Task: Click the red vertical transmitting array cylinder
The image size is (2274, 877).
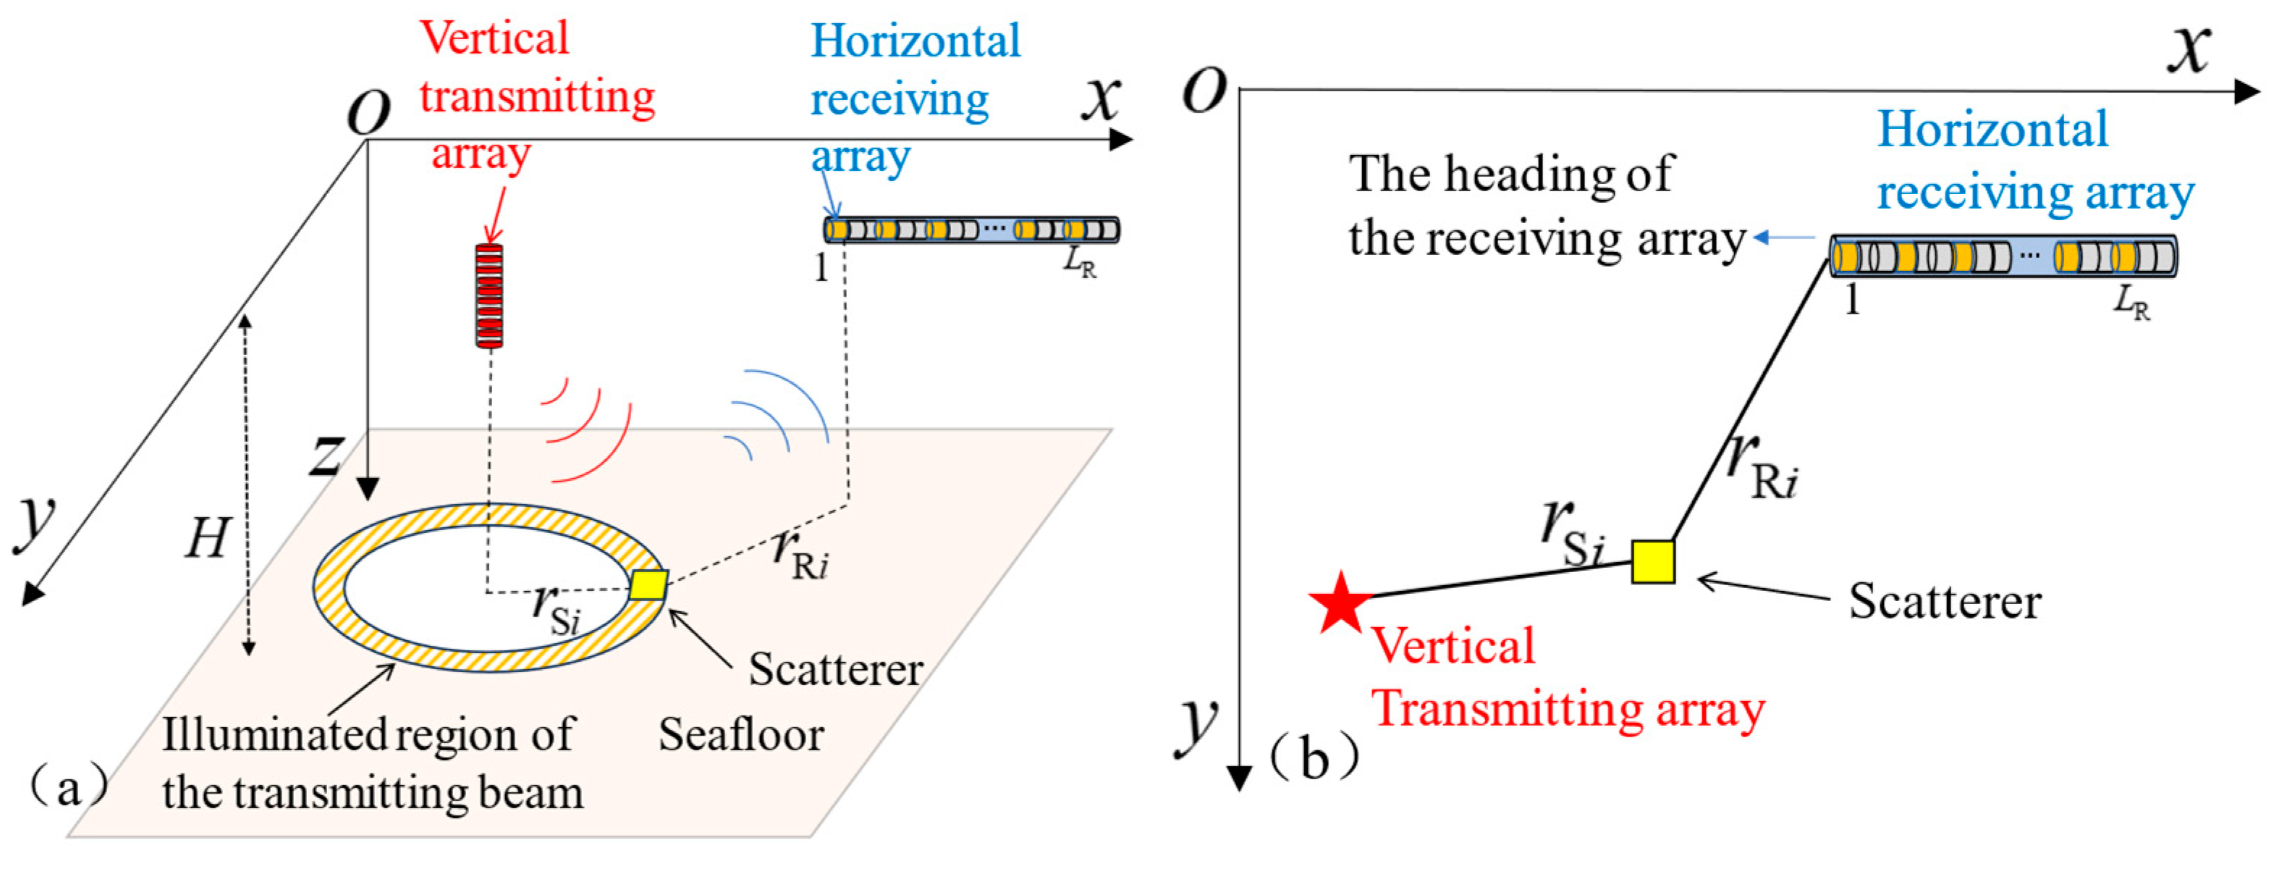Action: click(489, 295)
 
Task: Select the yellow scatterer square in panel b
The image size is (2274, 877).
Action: click(1652, 563)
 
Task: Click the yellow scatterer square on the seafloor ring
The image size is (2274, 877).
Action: click(648, 584)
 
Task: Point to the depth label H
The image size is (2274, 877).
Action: click(208, 539)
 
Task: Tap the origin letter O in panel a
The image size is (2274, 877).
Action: click(369, 113)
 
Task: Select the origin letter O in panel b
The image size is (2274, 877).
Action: click(1205, 90)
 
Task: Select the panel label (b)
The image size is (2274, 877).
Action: click(1314, 758)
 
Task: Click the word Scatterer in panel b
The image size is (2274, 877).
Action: click(1945, 602)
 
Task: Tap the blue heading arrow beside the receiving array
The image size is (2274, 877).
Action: click(1783, 238)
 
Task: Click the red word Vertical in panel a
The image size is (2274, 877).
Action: click(494, 39)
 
